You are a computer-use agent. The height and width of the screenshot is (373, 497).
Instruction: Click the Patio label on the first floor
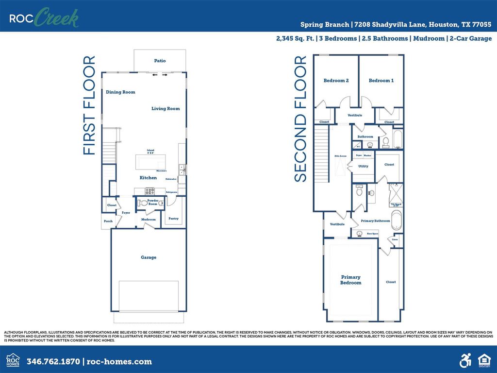click(160, 61)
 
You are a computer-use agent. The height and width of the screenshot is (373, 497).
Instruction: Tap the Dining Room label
click(120, 92)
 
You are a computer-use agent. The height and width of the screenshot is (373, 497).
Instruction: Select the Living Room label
click(166, 109)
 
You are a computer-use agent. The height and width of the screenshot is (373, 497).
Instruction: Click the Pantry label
click(173, 219)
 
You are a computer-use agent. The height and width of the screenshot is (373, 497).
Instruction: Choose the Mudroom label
click(149, 220)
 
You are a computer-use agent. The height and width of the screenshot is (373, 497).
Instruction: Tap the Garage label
click(149, 257)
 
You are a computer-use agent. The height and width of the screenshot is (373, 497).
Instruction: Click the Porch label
click(108, 221)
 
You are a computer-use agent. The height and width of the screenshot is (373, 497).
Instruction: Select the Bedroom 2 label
click(336, 81)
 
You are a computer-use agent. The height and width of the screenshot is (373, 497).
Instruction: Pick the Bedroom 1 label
click(381, 81)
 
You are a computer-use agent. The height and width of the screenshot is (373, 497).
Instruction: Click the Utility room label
click(363, 166)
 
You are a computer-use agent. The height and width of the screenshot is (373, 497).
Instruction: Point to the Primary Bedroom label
click(350, 280)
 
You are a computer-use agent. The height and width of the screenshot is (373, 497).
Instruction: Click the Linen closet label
click(395, 239)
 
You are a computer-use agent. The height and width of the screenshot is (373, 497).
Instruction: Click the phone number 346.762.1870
click(54, 361)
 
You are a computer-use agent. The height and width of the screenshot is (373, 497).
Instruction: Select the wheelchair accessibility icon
click(465, 360)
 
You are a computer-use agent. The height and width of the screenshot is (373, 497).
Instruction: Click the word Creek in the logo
click(56, 18)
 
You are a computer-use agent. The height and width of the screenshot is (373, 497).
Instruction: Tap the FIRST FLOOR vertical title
click(89, 105)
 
